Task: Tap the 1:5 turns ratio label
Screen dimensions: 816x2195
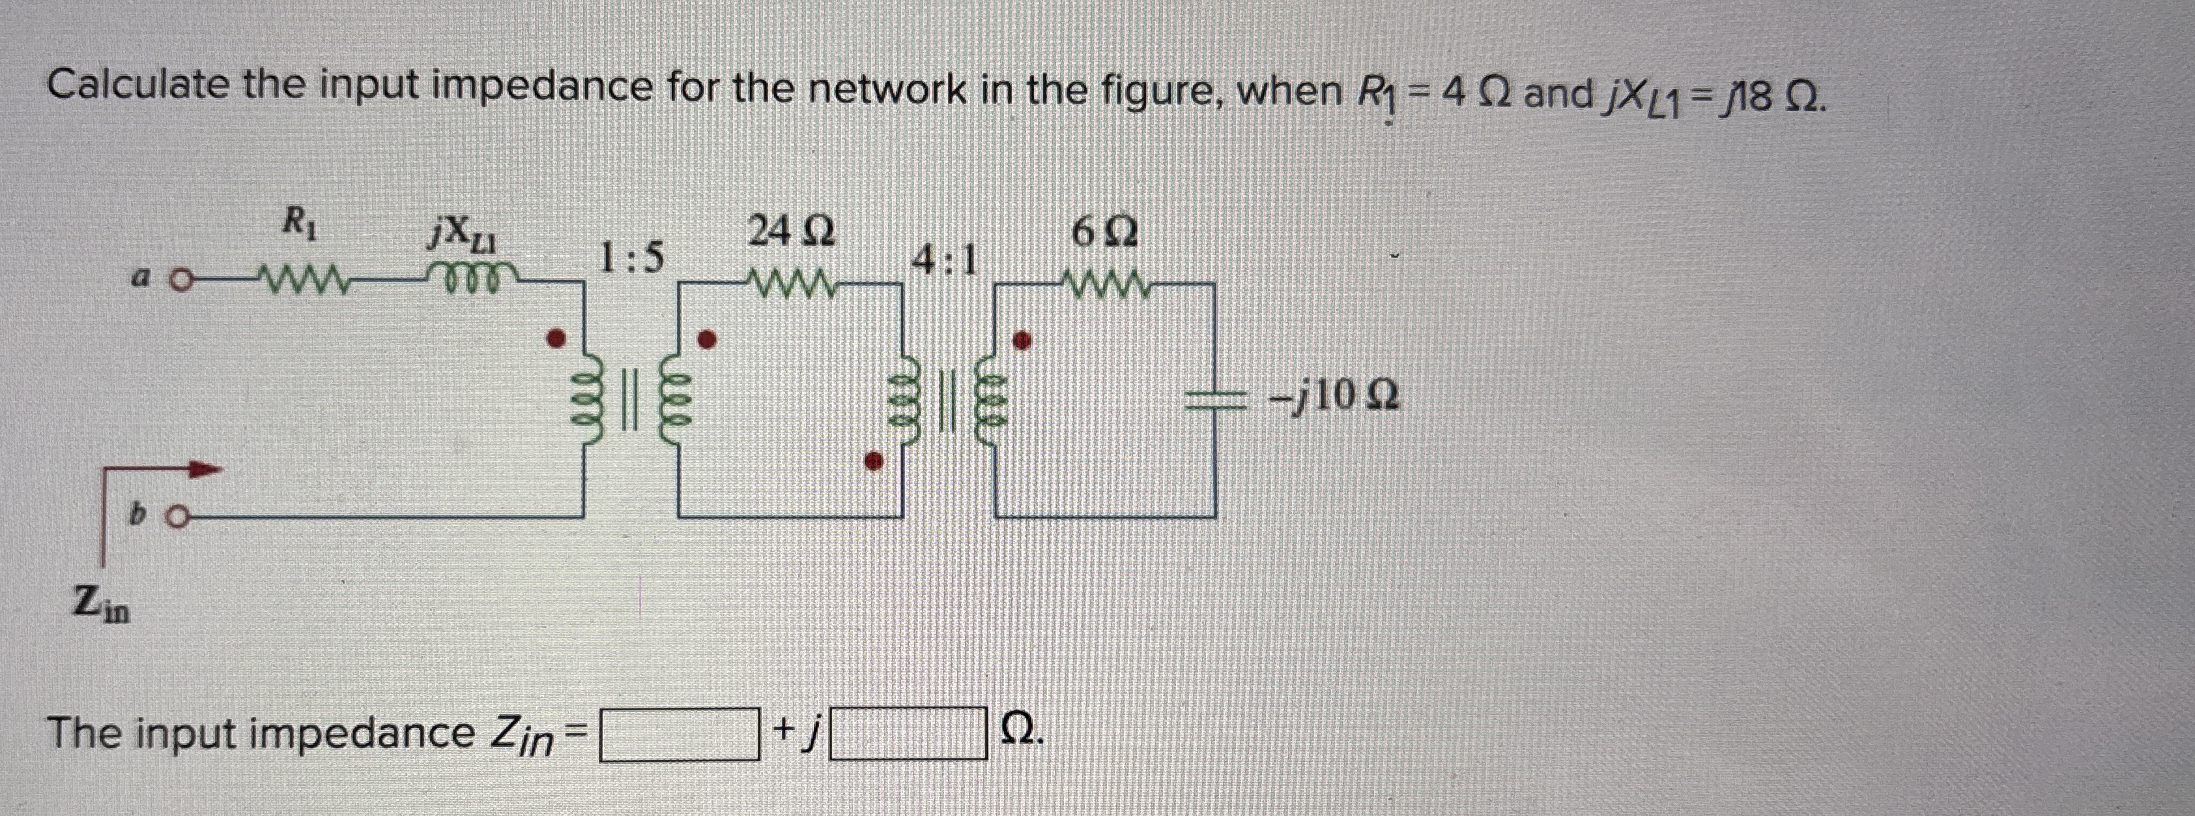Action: coord(631,258)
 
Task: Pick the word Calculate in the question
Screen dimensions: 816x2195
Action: coord(138,87)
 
